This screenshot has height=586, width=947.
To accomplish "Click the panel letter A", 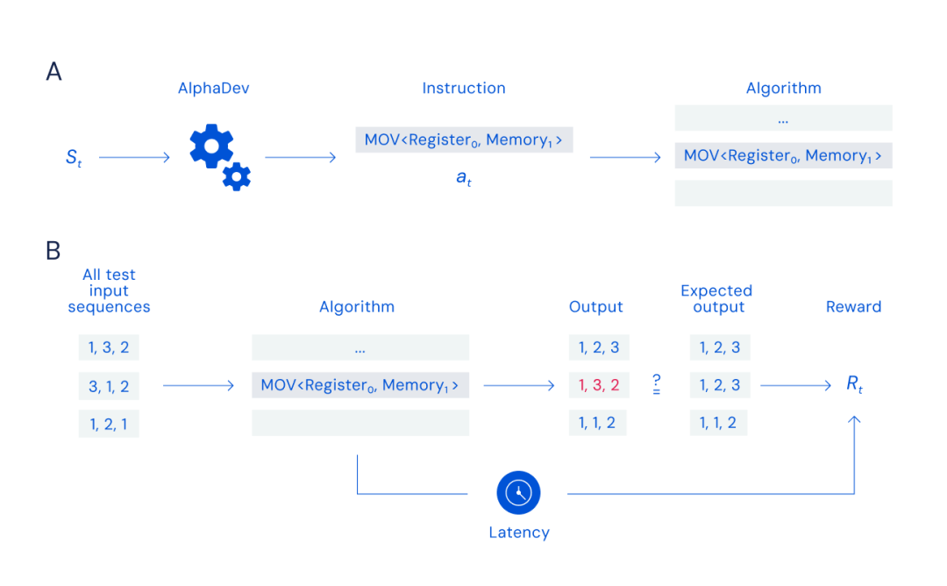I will coord(53,71).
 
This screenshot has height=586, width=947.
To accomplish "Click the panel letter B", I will coord(53,251).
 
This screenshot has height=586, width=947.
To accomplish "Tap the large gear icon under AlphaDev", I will coord(211,146).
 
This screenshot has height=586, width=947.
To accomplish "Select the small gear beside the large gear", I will coord(236,177).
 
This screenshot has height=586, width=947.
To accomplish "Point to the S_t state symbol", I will coord(73,158).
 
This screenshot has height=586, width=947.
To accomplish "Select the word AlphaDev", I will coord(213,88).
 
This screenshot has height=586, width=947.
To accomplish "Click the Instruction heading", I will coord(464,88).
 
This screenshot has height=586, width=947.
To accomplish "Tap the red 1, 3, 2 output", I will coord(599,385).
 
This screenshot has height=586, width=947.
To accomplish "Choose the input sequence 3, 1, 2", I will coord(109,385).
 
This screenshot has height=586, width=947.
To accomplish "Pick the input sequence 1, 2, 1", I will coord(109,424).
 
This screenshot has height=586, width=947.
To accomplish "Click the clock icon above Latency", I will coord(518,493).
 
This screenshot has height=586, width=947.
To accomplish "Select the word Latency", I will coord(518,532).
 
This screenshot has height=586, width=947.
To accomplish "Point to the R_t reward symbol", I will coord(854,385).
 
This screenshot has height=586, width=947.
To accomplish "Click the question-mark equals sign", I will coord(656,384).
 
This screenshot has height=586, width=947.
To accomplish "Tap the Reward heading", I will coord(853,306).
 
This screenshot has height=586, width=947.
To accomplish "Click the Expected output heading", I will coord(716,298).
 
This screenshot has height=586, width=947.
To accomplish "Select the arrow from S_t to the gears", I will coord(134,158).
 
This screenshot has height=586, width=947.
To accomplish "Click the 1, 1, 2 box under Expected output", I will coord(720,424).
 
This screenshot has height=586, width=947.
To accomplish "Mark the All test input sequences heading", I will coord(109,290).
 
